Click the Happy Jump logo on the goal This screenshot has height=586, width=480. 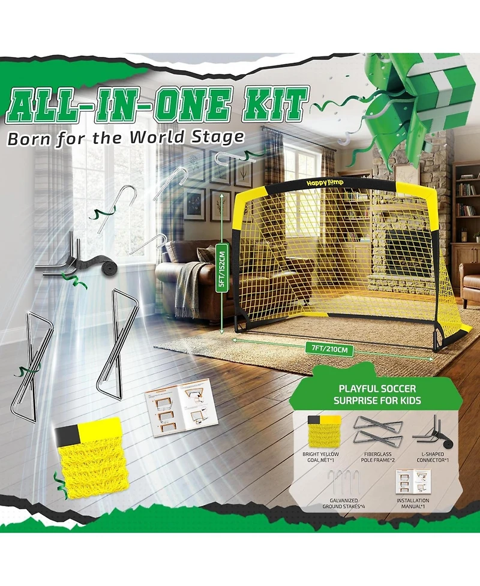(x=325, y=183)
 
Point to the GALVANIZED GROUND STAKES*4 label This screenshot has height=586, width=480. (x=344, y=503)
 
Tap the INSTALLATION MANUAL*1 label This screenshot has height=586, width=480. (x=413, y=503)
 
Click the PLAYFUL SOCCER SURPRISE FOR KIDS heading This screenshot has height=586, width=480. (x=377, y=394)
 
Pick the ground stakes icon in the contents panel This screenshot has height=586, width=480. (x=343, y=481)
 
